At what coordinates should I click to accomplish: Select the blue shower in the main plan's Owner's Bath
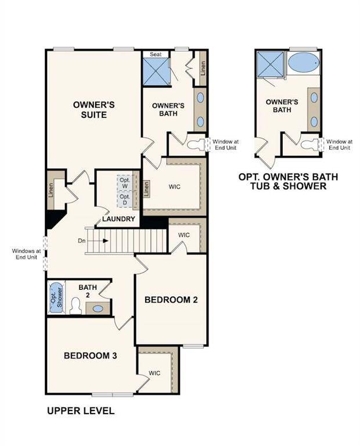(156, 71)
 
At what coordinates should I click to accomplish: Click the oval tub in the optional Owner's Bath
(303, 63)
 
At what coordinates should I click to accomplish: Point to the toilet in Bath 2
(75, 305)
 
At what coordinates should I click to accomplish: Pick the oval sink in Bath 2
(98, 308)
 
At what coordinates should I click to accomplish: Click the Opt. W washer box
(125, 182)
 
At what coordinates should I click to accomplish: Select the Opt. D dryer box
(125, 199)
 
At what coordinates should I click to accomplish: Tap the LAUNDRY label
(119, 219)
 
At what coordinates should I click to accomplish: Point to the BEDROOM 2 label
(171, 300)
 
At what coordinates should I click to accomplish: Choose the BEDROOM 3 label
(91, 355)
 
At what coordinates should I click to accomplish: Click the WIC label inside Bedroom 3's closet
(154, 373)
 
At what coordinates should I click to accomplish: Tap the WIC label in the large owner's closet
(175, 188)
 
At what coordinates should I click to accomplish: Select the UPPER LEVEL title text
(80, 411)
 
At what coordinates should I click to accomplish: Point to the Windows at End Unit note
(25, 254)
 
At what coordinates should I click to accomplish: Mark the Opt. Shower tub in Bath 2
(56, 297)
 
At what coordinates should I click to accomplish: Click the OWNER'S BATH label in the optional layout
(282, 105)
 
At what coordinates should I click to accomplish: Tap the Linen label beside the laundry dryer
(146, 188)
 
